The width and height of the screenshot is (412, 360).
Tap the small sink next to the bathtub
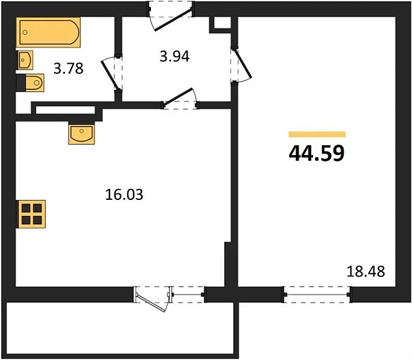pos(25,60)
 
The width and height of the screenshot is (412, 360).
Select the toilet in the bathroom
pos(31,83)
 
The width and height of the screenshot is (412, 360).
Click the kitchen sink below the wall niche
pos(82,134)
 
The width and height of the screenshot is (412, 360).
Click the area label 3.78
pos(67,67)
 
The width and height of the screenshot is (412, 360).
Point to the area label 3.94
pos(174,56)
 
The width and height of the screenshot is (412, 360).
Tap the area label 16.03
pos(123,194)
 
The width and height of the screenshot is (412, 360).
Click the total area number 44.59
pos(317,153)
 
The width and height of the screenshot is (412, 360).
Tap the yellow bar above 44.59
pos(317,134)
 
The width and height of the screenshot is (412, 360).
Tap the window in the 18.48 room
pos(318,294)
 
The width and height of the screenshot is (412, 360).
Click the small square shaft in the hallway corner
pos(220,23)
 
